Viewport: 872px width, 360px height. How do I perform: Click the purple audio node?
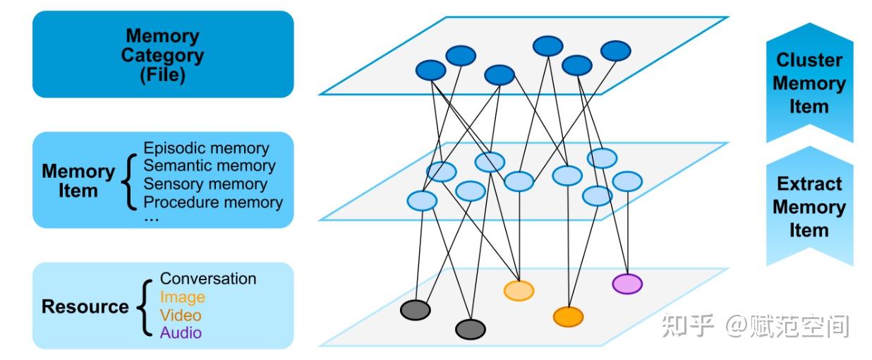tap(627, 284)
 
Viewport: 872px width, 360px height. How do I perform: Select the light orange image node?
tap(519, 291)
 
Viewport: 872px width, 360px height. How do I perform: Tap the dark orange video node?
tap(569, 317)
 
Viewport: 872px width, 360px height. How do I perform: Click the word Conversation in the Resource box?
tap(208, 279)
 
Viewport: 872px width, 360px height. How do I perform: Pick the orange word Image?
tap(183, 297)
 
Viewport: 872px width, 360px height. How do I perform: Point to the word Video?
tap(181, 316)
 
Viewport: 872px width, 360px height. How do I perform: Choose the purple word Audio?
tap(181, 332)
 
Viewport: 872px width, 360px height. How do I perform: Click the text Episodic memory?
tap(206, 148)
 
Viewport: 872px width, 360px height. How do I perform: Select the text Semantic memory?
tap(210, 166)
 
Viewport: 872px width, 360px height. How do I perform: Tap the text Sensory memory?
tap(205, 184)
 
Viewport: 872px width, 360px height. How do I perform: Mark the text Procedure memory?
tap(213, 202)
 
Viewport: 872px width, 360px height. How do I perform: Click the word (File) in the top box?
tap(163, 75)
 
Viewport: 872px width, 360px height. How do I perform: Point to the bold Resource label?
tap(85, 306)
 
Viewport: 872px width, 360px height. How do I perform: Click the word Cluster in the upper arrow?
tap(809, 60)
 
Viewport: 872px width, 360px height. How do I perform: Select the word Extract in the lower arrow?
tap(809, 184)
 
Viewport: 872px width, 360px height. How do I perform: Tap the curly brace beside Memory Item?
tap(129, 181)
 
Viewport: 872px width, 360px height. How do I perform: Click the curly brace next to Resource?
tap(145, 307)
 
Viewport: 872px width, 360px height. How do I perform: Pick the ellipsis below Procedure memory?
tap(151, 220)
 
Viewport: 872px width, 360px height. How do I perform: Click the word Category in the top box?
tap(163, 56)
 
